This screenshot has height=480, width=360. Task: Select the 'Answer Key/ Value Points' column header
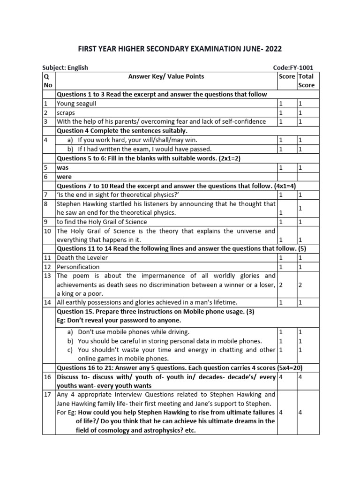click(166, 76)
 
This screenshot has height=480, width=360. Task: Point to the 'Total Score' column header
click(306, 81)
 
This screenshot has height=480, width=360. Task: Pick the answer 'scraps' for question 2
click(66, 112)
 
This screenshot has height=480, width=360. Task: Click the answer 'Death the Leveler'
click(82, 257)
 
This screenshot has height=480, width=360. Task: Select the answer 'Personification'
click(78, 267)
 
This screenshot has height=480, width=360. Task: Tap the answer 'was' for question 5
click(62, 167)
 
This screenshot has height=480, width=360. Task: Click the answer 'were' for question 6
click(64, 176)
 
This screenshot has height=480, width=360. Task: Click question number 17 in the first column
click(46, 394)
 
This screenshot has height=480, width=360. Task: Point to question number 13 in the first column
click(46, 276)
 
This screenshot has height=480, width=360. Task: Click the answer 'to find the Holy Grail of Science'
click(102, 221)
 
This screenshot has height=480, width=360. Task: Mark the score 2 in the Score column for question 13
click(281, 285)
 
